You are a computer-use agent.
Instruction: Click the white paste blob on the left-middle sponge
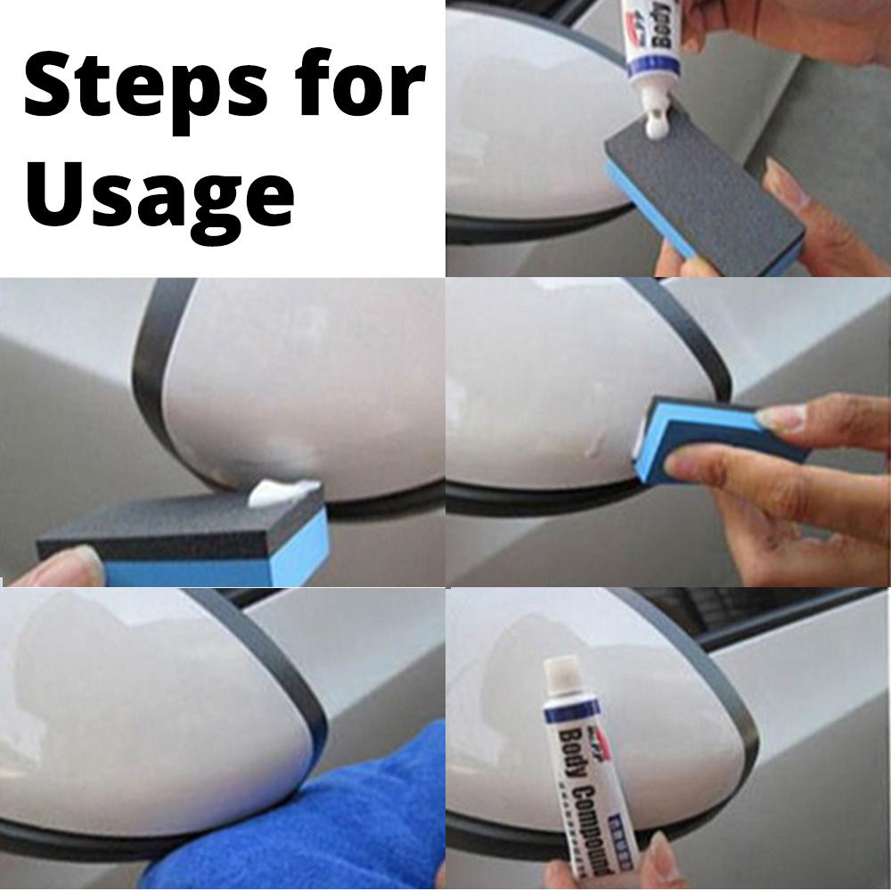click(283, 493)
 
